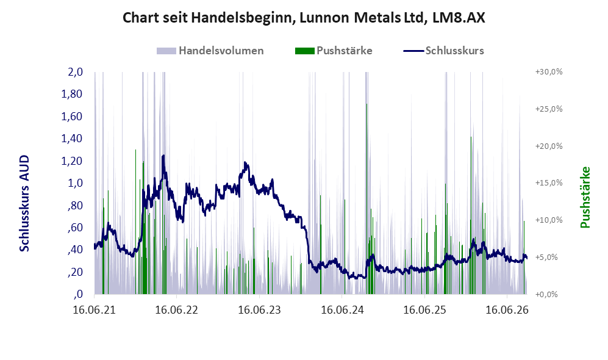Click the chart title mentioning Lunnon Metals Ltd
tap(304, 18)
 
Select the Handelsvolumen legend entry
tap(210, 51)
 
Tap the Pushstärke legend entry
tap(334, 51)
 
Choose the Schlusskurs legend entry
tap(443, 51)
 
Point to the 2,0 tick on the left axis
tap(75, 72)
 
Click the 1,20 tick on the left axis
tap(72, 161)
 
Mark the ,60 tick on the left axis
tap(75, 228)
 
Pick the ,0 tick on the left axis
tap(78, 294)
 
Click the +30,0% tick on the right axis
tap(549, 72)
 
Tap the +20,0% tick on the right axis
tap(549, 146)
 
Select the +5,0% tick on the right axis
tap(546, 257)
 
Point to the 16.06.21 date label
tap(95, 310)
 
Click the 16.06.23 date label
tap(259, 310)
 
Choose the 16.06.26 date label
tap(507, 310)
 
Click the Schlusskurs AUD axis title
tap(24, 203)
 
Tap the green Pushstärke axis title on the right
tap(585, 198)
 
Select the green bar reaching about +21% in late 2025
tap(471, 215)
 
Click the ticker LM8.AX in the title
tap(459, 18)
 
